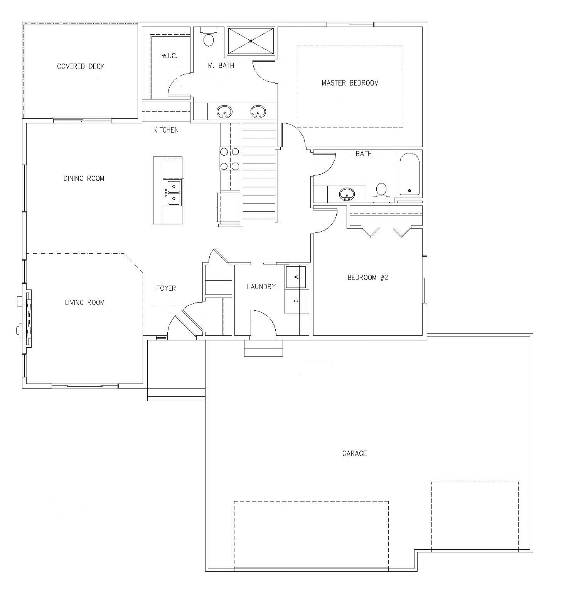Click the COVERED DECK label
coord(81,66)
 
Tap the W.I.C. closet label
coord(170,56)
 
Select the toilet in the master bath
coord(209,37)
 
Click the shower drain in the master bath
coord(251,41)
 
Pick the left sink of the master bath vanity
coord(224,111)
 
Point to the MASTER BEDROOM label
coord(350,83)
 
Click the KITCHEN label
coord(166,130)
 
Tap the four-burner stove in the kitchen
coord(230,159)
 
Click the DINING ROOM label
coord(84,178)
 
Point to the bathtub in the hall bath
coord(409,174)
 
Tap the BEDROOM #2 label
coord(367,278)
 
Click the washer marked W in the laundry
coord(296,277)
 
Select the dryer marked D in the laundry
coord(296,301)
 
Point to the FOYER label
coord(166,288)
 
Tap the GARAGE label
coord(354,453)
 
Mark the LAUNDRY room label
coord(261,287)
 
